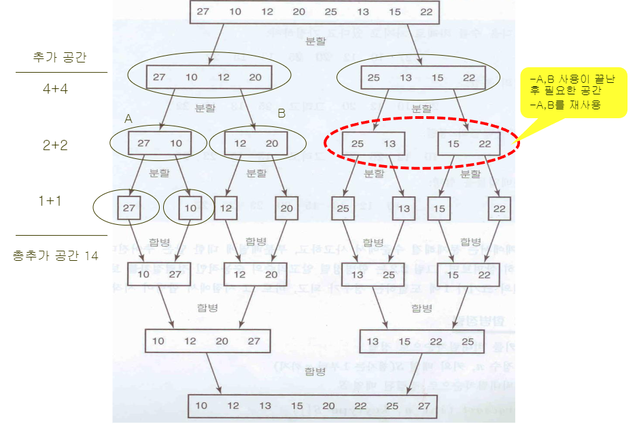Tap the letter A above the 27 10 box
[128, 118]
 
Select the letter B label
[281, 114]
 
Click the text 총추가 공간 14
[56, 256]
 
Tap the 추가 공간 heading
[61, 58]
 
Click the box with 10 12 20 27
[207, 341]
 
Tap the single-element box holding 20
[287, 208]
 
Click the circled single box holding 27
[129, 208]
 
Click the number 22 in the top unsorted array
[426, 12]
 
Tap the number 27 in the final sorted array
[425, 406]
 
